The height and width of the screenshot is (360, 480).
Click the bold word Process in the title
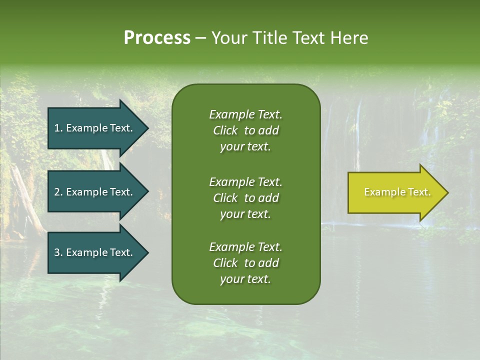[x=157, y=38]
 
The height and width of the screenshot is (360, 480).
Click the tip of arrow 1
[x=147, y=128]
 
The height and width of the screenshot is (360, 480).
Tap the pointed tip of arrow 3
[x=147, y=252]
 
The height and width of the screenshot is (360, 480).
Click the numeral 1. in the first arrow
[x=58, y=128]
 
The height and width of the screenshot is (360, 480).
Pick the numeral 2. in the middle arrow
[x=58, y=192]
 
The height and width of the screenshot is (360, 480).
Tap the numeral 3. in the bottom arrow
[x=58, y=252]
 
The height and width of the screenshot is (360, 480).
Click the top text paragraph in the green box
[x=245, y=130]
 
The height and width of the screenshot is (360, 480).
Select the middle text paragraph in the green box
[x=245, y=198]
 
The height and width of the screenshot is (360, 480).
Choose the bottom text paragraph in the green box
[x=245, y=263]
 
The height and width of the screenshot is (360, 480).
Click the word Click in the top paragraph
[x=225, y=130]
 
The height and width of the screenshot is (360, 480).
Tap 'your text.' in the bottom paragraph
[x=245, y=279]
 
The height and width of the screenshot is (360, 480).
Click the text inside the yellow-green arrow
[x=397, y=192]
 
